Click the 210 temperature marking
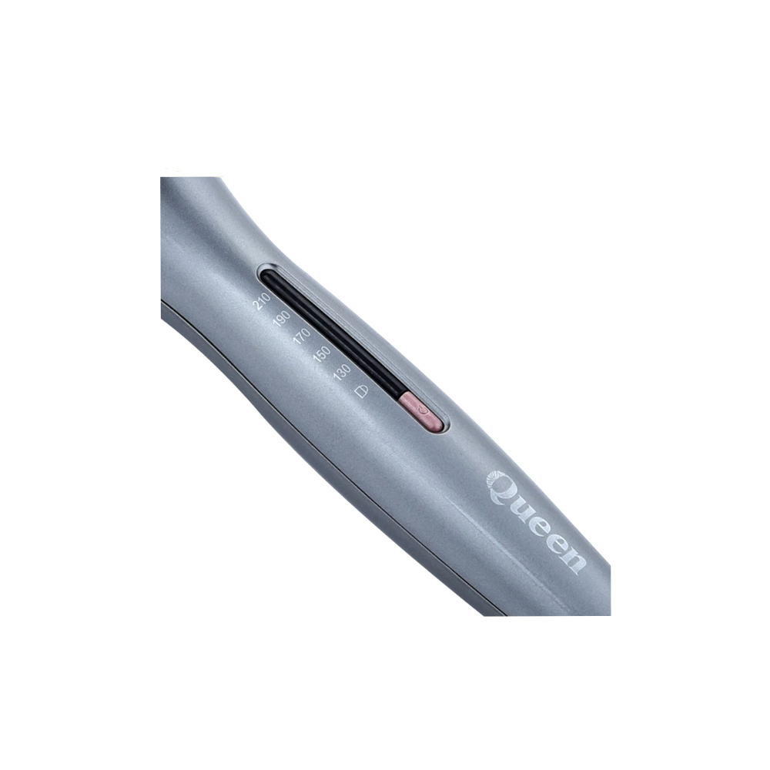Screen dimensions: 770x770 coord(261,302)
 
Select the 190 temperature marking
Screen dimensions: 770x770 coord(282,320)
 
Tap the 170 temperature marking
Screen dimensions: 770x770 coord(302,338)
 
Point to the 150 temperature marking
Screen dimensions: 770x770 coord(322,356)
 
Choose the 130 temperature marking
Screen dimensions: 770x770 coord(341,373)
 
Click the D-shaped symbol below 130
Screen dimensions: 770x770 coord(361,391)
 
